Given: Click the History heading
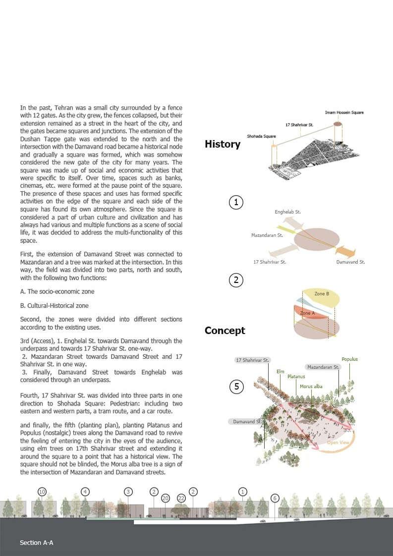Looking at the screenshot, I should click(223, 144).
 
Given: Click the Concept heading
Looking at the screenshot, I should click(225, 331).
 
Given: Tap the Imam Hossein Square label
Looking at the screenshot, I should click(344, 112).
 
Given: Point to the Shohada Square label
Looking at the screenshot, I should click(261, 136).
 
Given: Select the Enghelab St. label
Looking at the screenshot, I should click(287, 212).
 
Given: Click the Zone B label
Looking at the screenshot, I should click(322, 294).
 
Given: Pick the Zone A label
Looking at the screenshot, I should click(307, 313).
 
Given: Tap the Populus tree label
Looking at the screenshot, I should click(349, 359).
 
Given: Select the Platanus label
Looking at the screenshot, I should click(296, 377).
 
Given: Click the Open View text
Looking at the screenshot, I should click(338, 443).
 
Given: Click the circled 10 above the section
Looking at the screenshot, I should click(42, 492).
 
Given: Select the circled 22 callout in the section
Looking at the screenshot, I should click(181, 498).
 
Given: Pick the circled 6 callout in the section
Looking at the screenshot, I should click(275, 498).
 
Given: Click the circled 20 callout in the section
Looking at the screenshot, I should click(166, 498).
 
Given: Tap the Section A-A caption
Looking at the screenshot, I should click(37, 543).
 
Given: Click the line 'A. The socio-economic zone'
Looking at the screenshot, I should click(57, 291).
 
